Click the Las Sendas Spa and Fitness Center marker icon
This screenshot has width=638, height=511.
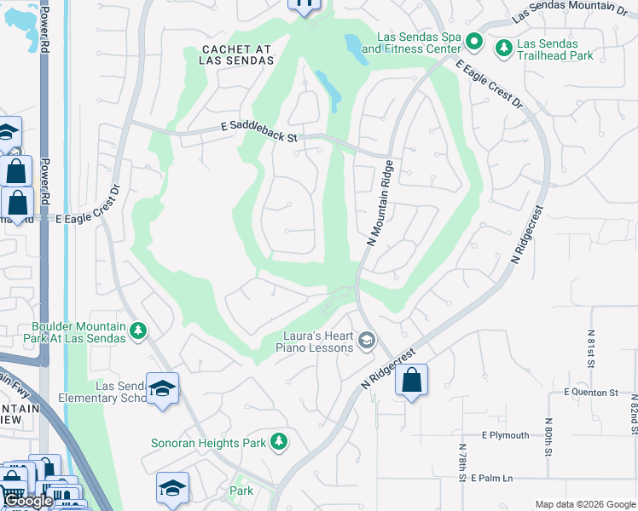pos(476,43)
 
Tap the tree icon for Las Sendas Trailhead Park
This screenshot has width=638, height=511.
pos(504,47)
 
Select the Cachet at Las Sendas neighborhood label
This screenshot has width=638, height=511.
pos(237,55)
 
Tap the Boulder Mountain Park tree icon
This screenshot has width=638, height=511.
pos(137,331)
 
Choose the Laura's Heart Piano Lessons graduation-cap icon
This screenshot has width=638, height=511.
pos(367,342)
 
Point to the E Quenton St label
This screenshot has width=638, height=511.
pos(590,393)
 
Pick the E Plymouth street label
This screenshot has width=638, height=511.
pos(505,435)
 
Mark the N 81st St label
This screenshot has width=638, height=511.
pos(590,349)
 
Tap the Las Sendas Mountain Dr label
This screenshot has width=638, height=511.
pos(569,11)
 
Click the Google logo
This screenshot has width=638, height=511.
pos(28,502)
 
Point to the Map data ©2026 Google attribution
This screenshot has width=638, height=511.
pos(584,504)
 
